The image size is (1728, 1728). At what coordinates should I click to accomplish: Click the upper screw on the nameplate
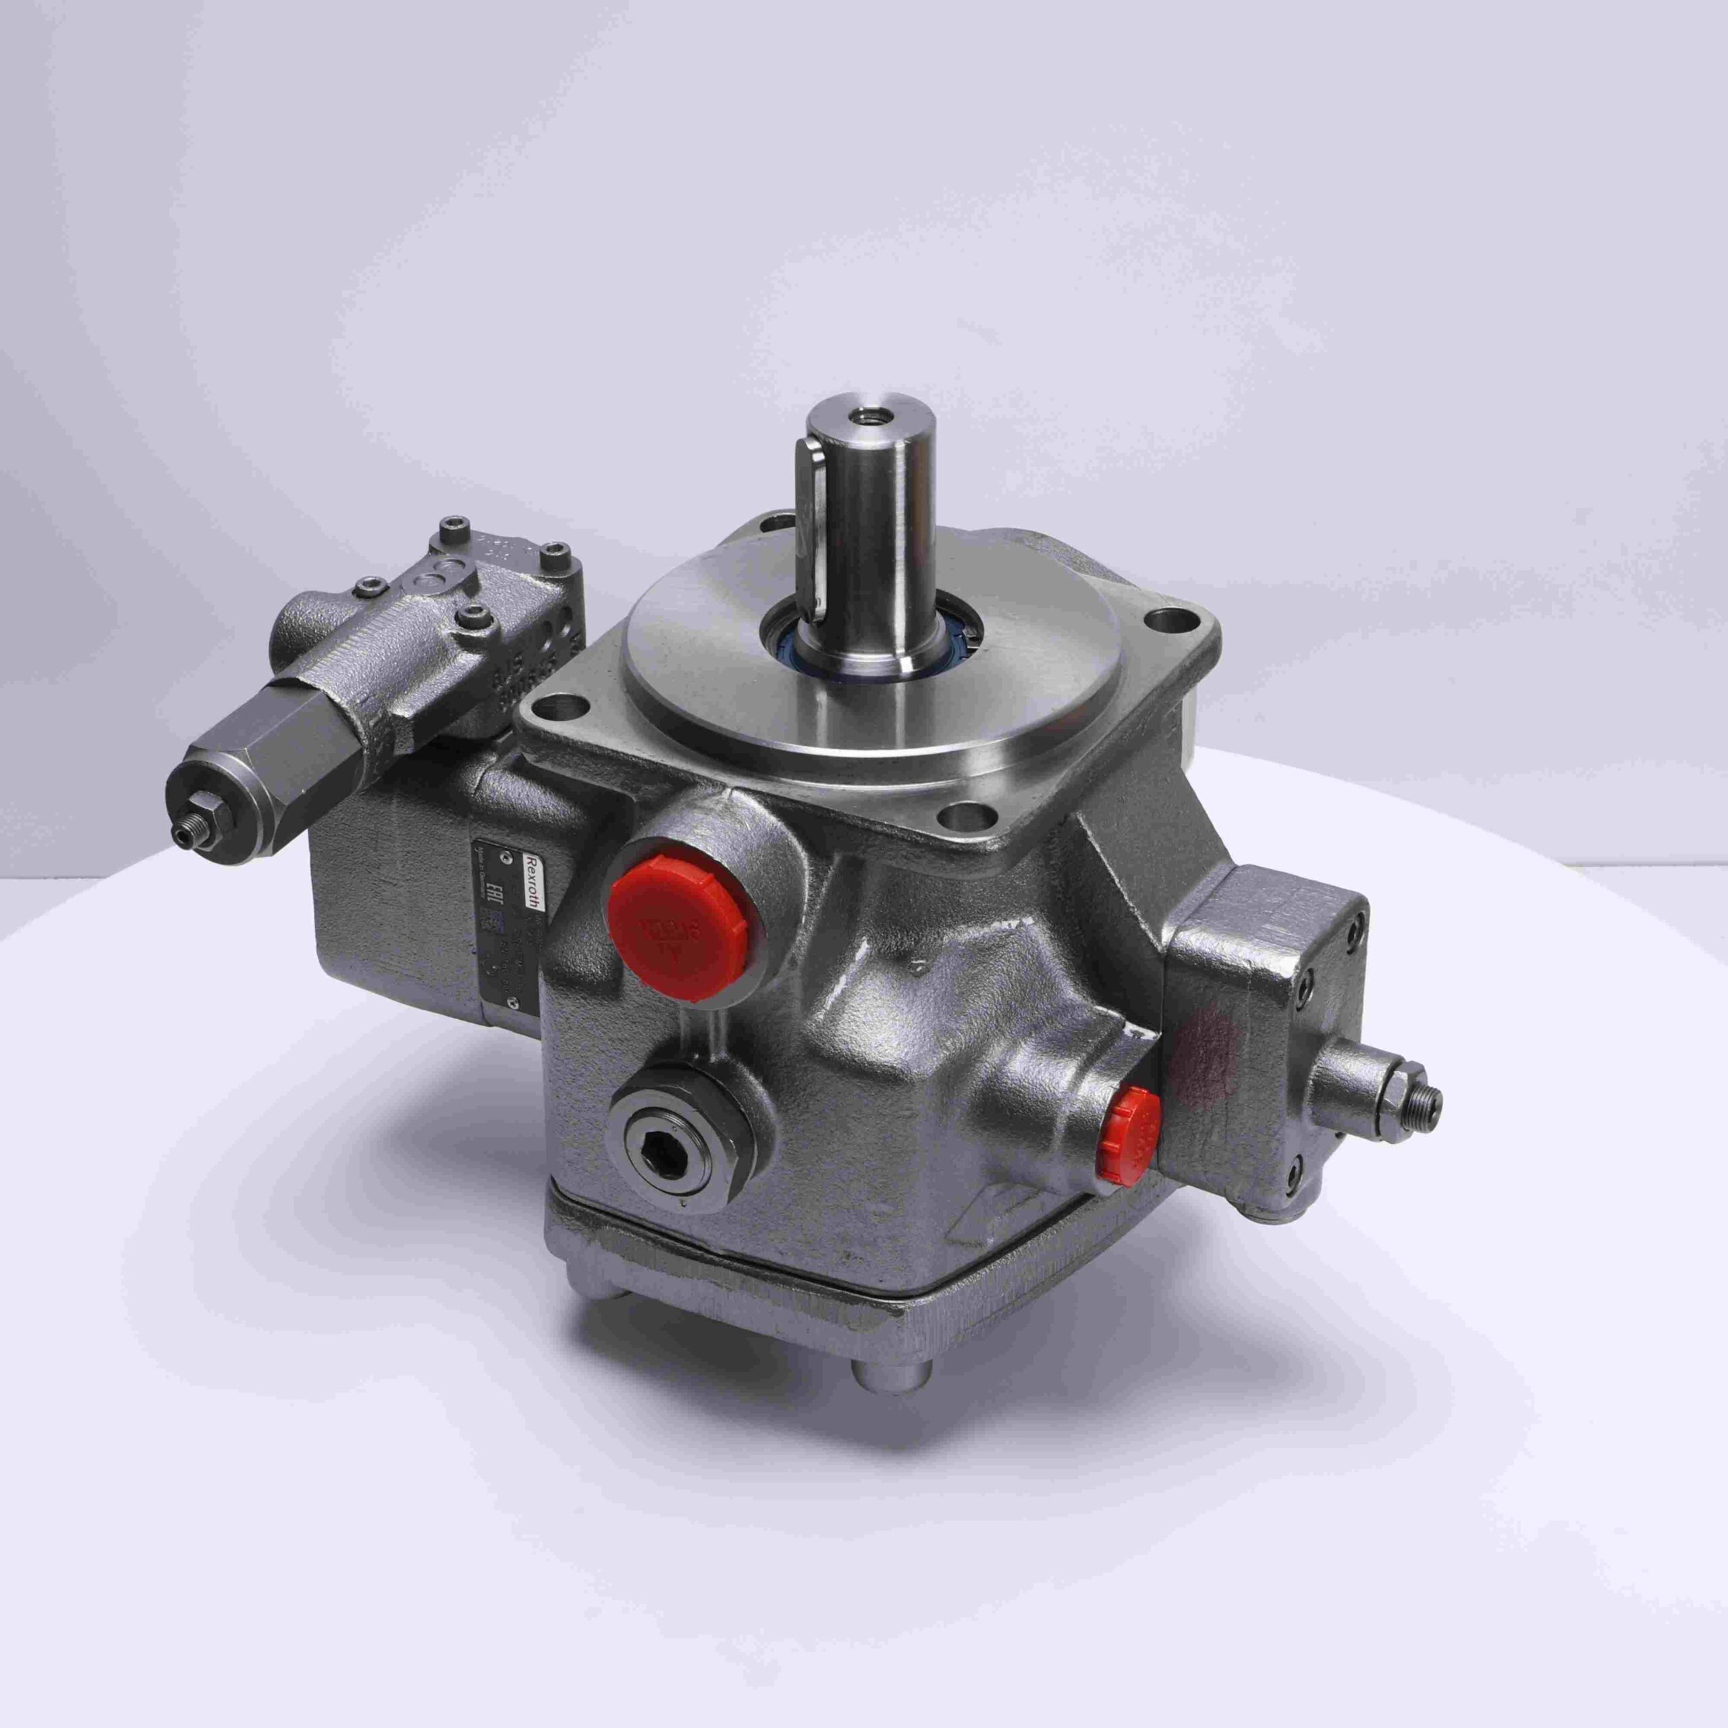(x=508, y=856)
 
